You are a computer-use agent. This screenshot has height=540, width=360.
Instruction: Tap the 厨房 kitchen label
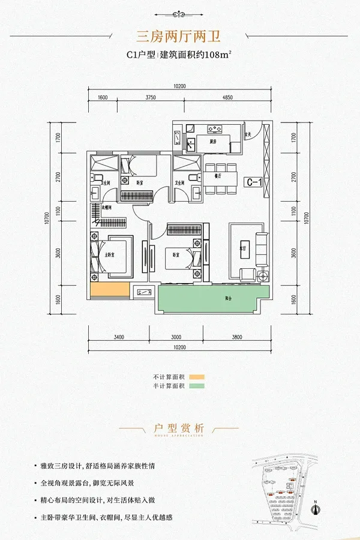213,142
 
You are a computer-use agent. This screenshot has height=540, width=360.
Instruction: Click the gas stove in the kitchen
215,128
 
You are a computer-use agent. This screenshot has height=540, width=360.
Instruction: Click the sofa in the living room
260,249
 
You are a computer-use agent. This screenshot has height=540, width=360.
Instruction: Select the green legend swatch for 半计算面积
197,387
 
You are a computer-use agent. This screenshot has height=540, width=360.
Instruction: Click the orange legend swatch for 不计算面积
197,377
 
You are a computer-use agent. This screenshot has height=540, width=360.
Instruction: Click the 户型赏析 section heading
179,428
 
